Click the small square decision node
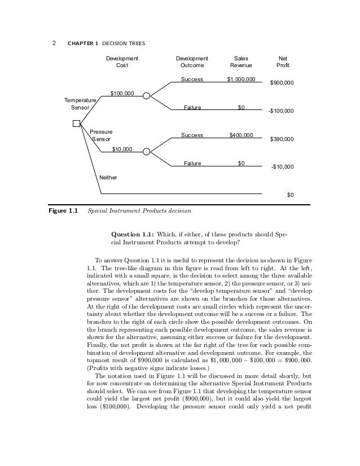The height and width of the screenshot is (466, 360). coord(76,124)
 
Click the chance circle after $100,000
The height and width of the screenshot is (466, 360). coord(147,96)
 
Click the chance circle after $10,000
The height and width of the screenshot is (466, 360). coord(147,152)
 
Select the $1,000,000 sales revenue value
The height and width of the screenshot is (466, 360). coord(241,80)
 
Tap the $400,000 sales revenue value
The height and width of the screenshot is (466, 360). coord(241,135)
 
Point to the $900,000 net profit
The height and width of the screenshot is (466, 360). coord(282,83)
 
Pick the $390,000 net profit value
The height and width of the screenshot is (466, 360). coord(282,139)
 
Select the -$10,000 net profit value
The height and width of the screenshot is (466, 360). coord(282,166)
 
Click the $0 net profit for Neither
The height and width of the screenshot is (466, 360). coord(290,195)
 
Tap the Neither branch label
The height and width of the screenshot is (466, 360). coord(108,177)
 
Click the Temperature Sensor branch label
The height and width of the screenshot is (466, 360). coord(80,103)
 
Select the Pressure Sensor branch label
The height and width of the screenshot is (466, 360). coord(101,135)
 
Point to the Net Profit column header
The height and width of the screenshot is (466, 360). coord(283,61)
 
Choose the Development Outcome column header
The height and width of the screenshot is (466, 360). coord(192,61)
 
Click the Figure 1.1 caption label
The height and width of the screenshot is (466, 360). coord(62,212)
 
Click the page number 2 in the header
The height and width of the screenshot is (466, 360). coord(54,40)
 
